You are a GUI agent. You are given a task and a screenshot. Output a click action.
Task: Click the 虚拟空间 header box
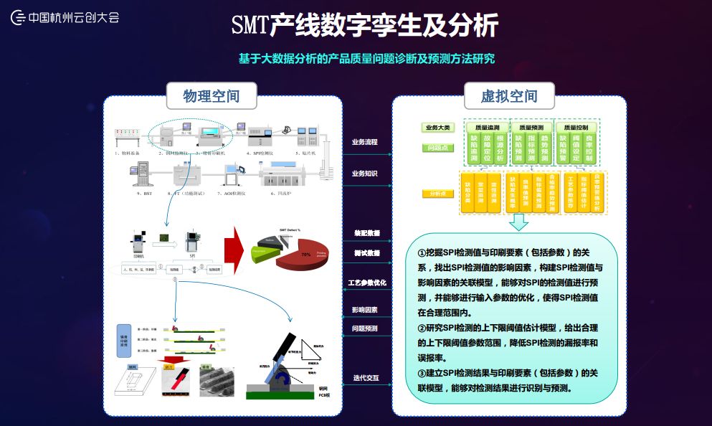click(x=508, y=96)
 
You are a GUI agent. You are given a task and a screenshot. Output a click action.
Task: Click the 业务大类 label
click(x=437, y=128)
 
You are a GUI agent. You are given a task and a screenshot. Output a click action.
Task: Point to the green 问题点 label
click(x=437, y=147)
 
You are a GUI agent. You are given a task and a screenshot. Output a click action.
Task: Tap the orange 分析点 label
click(x=437, y=193)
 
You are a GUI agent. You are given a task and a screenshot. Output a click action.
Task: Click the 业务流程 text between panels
click(x=364, y=141)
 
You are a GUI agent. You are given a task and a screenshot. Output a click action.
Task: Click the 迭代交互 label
click(x=366, y=377)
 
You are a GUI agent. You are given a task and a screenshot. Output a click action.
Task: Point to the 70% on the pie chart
click(x=305, y=254)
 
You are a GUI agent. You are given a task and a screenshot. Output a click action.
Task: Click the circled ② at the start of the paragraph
click(x=421, y=328)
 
